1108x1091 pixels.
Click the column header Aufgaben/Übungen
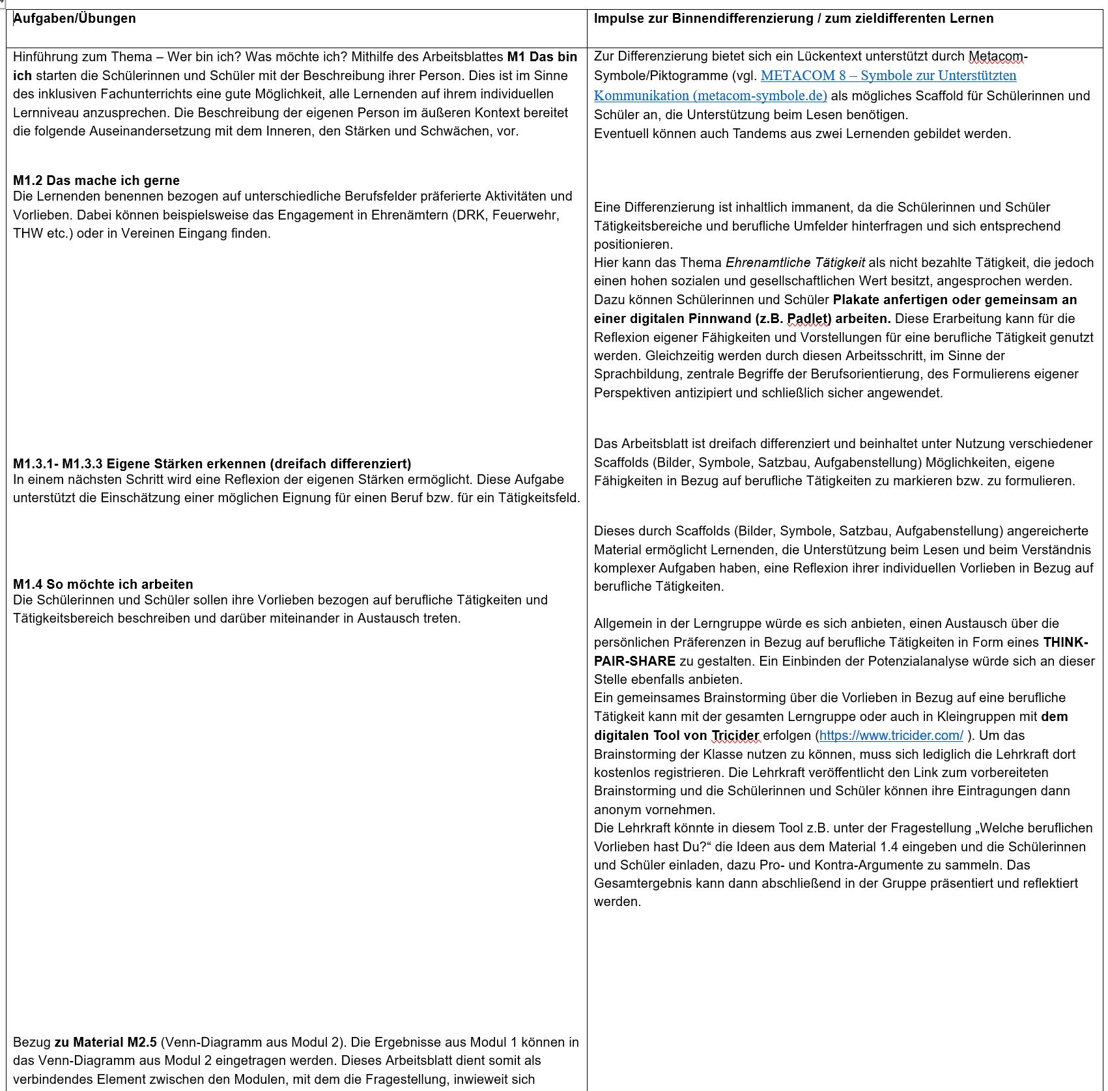coord(74,18)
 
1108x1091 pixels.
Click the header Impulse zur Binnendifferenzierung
coord(793,18)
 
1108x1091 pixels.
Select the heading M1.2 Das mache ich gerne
coord(96,180)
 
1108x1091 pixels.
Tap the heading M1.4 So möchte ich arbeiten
coord(103,584)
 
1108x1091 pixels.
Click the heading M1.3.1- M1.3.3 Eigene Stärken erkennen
coord(212,464)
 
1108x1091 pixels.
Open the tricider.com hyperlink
coord(890,735)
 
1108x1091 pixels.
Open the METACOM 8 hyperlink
coord(888,76)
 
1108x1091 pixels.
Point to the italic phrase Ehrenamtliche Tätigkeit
coord(795,262)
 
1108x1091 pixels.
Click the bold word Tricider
coord(735,735)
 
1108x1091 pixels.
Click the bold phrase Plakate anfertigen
coord(890,300)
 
